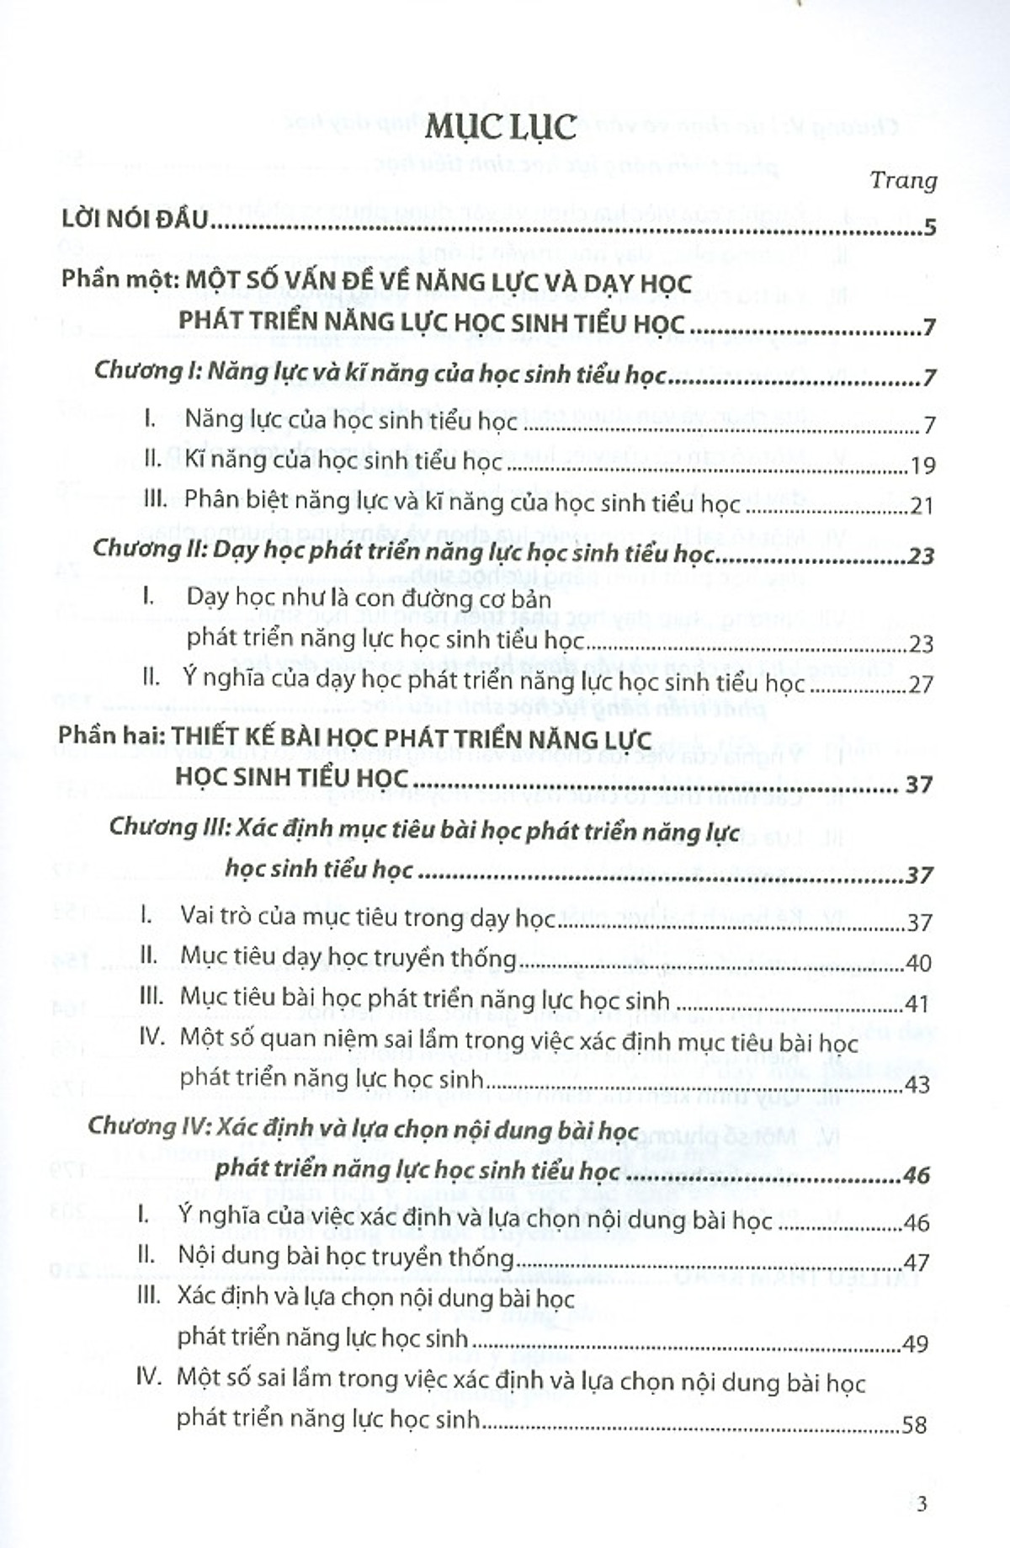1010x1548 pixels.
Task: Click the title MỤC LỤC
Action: [x=500, y=127]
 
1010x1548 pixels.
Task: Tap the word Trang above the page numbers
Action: [x=903, y=180]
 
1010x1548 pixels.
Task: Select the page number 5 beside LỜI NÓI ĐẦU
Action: [x=929, y=227]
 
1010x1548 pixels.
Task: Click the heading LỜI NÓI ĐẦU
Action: [x=135, y=220]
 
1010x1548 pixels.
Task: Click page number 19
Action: [x=922, y=465]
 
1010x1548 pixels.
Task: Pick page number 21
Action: [x=922, y=506]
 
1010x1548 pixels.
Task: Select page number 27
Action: [x=922, y=684]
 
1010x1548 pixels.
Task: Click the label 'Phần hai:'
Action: [x=111, y=736]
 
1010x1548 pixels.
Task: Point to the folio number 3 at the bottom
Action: [x=922, y=1504]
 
